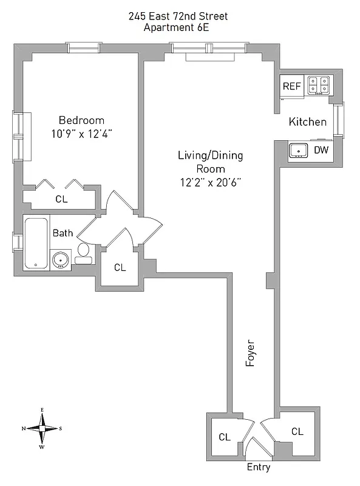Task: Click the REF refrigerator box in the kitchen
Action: click(291, 86)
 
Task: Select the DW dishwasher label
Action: click(321, 149)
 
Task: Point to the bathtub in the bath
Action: click(35, 243)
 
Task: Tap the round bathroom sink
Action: click(60, 259)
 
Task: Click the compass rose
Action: click(42, 428)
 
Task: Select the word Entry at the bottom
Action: click(258, 468)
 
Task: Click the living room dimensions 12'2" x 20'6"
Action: click(210, 182)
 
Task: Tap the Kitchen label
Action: click(307, 122)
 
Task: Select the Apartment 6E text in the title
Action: click(178, 27)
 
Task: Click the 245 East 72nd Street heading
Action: click(178, 16)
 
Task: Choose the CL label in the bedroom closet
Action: click(61, 199)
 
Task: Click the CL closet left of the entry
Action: click(224, 437)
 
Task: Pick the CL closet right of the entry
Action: click(296, 432)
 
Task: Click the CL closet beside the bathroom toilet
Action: click(120, 267)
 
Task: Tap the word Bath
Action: click(63, 233)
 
